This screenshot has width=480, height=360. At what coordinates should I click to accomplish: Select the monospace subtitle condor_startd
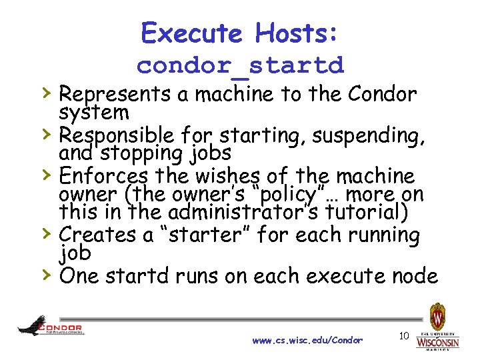tap(240, 65)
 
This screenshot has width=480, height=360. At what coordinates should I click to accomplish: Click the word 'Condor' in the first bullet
tap(386, 95)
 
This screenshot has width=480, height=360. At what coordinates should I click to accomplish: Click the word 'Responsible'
tap(117, 136)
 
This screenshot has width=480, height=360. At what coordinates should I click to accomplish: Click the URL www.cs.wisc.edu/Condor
tap(307, 340)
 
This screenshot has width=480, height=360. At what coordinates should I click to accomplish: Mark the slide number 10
tap(403, 336)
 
